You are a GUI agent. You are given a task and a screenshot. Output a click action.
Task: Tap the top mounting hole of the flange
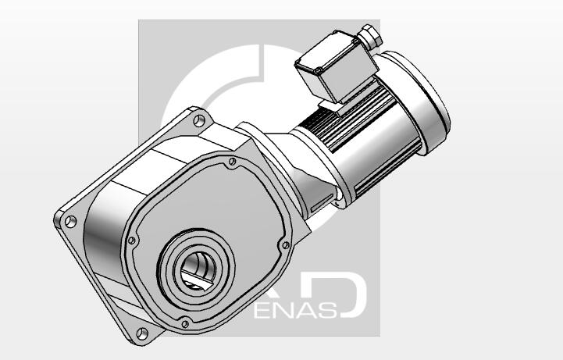click(x=199, y=121)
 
